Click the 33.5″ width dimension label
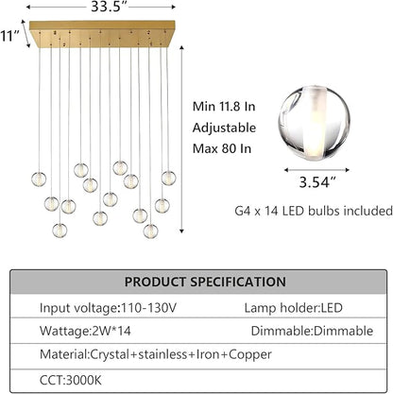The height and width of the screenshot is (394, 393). (106, 7)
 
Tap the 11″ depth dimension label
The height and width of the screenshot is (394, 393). (10, 36)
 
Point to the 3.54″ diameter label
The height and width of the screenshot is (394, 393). (317, 181)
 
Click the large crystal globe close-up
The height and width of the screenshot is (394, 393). (315, 123)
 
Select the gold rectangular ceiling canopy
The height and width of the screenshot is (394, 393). (102, 34)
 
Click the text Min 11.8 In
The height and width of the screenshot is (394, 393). (224, 107)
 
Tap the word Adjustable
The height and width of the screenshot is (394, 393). (224, 128)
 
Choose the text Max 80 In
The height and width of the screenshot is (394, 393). (222, 148)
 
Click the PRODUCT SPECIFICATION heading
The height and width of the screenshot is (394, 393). (205, 282)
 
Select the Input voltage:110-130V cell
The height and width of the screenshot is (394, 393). (108, 308)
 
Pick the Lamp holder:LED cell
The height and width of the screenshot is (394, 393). (293, 308)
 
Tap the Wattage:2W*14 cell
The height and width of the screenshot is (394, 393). (85, 331)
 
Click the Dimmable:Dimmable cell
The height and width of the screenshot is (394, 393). (312, 331)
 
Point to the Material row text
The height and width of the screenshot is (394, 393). (156, 354)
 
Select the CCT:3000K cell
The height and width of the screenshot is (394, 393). (71, 380)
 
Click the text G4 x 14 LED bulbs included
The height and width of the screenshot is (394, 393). (314, 211)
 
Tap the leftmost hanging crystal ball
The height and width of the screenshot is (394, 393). (39, 179)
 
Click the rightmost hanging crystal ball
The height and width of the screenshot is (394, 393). (169, 178)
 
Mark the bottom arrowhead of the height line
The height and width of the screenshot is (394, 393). (181, 231)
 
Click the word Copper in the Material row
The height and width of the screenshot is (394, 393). (250, 355)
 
